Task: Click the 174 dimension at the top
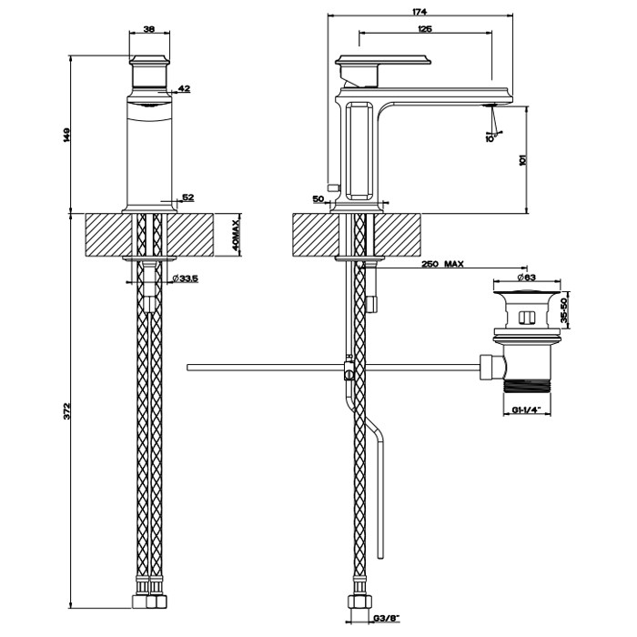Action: click(x=421, y=11)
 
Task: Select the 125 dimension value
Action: click(x=424, y=30)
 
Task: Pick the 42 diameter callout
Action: click(x=185, y=88)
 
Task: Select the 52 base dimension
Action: click(x=188, y=197)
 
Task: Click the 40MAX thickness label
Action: click(x=234, y=236)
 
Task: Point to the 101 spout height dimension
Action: click(x=522, y=159)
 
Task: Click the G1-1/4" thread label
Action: click(x=526, y=409)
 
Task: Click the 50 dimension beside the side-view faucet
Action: click(x=318, y=197)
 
